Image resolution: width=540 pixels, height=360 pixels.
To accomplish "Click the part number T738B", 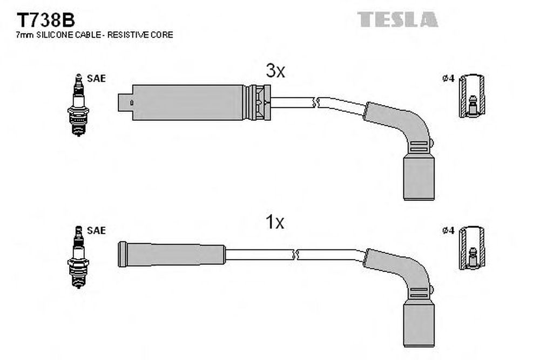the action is coord(45,21).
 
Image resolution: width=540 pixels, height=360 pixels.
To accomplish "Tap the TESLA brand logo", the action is coord(397,19).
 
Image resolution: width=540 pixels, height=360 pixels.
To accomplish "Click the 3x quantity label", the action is coord(275,71).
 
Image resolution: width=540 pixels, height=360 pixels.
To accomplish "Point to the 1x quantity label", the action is coord(274,222).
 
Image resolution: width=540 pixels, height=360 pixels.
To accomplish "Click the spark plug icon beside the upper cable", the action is coord(78,105).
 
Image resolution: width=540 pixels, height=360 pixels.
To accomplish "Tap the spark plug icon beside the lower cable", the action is coord(78,257).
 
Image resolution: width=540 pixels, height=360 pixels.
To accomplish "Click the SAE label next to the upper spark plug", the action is coord(97,78).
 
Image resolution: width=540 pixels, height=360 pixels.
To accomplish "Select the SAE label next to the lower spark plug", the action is coord(97,230).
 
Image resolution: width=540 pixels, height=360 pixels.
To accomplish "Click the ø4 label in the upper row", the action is coord(448,78).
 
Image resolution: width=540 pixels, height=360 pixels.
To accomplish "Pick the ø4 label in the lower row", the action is coord(448,230).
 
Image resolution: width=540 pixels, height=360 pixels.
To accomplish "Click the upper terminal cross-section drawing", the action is coord(472,96).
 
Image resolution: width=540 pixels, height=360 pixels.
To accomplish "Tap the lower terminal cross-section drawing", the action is coord(472,248).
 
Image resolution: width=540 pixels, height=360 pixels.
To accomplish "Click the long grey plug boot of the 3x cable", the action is coord(188,102).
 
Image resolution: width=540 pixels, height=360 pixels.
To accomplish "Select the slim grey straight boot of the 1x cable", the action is coord(172,254).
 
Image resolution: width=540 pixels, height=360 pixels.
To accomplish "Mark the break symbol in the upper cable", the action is coord(316,102).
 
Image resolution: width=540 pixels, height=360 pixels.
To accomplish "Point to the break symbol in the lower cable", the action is coord(295,255).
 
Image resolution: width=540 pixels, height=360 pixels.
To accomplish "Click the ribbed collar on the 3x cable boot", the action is coord(258,102).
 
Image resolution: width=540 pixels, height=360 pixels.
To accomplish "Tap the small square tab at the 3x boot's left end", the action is coord(125,102).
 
